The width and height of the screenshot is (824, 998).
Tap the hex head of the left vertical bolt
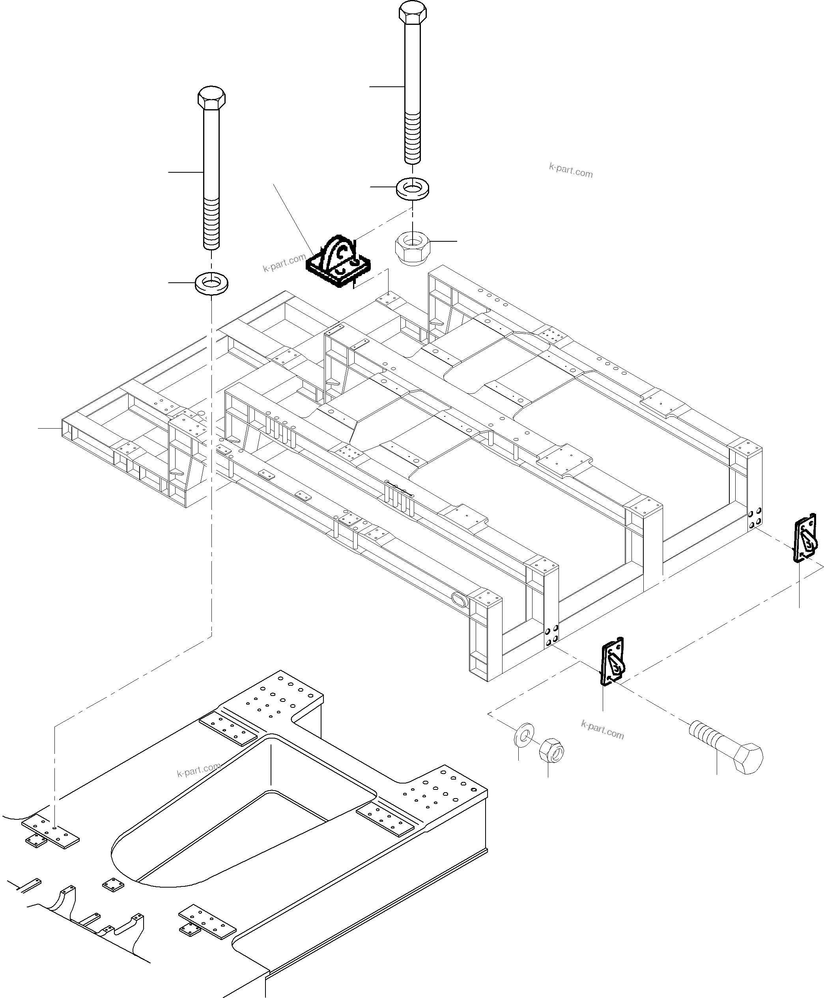pyautogui.click(x=211, y=98)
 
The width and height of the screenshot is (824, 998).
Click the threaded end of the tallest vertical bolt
pyautogui.click(x=413, y=138)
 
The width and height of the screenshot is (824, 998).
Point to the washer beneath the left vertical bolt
pyautogui.click(x=211, y=284)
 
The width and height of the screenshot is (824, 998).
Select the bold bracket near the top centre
pyautogui.click(x=339, y=263)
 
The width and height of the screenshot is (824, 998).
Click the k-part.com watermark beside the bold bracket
pyautogui.click(x=284, y=263)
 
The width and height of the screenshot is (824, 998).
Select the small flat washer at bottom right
pyautogui.click(x=523, y=735)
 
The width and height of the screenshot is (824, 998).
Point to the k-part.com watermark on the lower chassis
pyautogui.click(x=198, y=770)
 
